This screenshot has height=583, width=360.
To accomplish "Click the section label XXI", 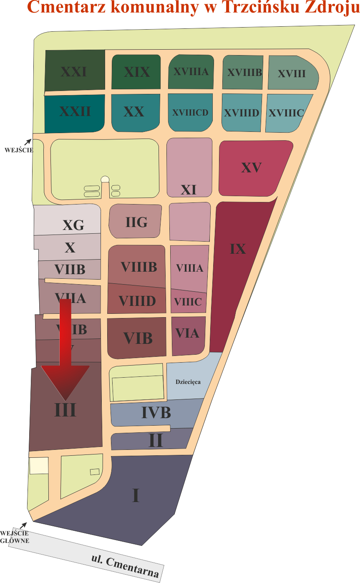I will pyautogui.click(x=74, y=72).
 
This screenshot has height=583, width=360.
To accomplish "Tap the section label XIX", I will pyautogui.click(x=137, y=72).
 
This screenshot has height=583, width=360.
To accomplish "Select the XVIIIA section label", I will pyautogui.click(x=191, y=72).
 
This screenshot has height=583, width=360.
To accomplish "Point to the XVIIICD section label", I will pyautogui.click(x=190, y=112).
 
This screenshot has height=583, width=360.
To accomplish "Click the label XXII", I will pyautogui.click(x=75, y=111).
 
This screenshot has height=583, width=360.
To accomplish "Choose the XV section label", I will pyautogui.click(x=251, y=168).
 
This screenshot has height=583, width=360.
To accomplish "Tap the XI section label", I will pyautogui.click(x=189, y=190).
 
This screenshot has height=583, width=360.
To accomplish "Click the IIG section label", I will pyautogui.click(x=137, y=222).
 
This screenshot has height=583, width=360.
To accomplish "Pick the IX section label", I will pyautogui.click(x=238, y=249).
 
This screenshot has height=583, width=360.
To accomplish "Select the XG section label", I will pyautogui.click(x=73, y=226).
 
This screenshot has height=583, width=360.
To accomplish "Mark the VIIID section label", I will pyautogui.click(x=137, y=301).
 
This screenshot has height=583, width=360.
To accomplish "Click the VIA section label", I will pyautogui.click(x=187, y=333).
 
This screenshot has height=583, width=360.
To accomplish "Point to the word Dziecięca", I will pyautogui.click(x=188, y=381).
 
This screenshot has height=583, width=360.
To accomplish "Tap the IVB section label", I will pyautogui.click(x=156, y=413).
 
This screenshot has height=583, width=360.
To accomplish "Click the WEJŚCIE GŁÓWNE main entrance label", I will pyautogui.click(x=15, y=537).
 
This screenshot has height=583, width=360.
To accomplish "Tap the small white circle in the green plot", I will pyautogui.click(x=105, y=179).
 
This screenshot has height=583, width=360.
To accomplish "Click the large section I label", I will pyautogui.click(x=136, y=496).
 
